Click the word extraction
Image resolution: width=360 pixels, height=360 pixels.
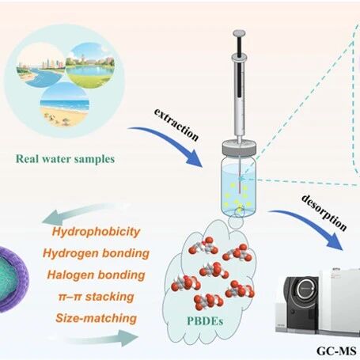176,124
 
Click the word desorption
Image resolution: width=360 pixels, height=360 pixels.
324,212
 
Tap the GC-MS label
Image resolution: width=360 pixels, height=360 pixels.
336,351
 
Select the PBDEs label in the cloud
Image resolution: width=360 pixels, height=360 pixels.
205,320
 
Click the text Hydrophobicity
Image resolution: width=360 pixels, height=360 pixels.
96,232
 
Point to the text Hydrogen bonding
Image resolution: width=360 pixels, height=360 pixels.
96,253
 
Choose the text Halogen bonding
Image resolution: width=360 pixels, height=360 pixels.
96,275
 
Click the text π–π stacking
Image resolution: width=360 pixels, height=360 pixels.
96,297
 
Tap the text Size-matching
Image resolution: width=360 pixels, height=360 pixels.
96,318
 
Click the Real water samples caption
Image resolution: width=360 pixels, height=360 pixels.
65,159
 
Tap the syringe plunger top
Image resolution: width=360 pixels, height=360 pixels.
239,33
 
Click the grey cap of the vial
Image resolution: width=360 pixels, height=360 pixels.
239,148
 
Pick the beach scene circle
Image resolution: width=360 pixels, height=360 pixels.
64,104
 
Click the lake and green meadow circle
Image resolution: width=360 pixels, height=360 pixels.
90,66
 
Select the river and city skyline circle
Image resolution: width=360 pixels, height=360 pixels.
41,65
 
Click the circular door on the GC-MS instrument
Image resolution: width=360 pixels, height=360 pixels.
306,290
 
